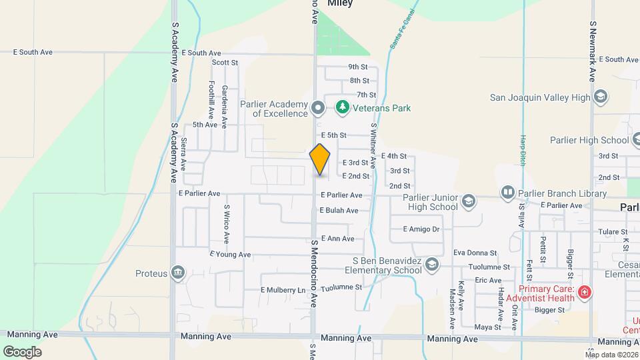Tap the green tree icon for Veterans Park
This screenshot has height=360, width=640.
pos(342,107)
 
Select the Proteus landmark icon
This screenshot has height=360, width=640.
pos(178,272)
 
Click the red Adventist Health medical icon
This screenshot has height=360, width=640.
pos(585,292)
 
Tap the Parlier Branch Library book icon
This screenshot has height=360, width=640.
pos(508,193)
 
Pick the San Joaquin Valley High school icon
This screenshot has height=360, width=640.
pos(601,97)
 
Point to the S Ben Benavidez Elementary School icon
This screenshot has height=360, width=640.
pos(432,265)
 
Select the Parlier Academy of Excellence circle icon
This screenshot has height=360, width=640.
pos(319,107)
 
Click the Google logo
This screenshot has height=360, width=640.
pos(22,352)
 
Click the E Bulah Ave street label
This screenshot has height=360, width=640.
pos(339,211)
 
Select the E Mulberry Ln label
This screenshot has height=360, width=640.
pos(283,290)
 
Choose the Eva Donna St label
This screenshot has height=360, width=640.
pos(475,253)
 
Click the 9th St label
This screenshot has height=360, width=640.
pos(358,67)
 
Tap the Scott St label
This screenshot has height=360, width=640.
pos(225,63)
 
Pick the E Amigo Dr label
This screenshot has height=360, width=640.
pos(421,229)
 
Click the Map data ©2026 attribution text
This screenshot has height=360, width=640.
pos(612,355)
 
